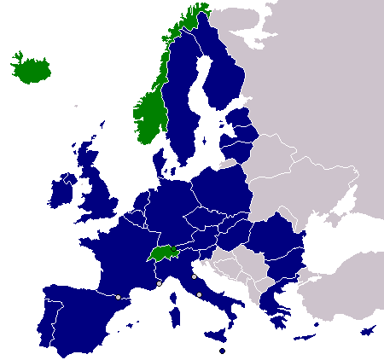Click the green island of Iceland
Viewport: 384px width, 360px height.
[x=26, y=67]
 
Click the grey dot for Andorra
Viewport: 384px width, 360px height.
[x=118, y=297]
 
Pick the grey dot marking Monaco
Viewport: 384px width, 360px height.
[x=160, y=282]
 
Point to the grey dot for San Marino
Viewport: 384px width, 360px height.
[x=194, y=276]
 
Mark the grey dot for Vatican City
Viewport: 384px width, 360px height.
[x=199, y=295]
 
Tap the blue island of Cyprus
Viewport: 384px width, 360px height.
[x=369, y=331]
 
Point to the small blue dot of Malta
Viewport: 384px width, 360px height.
[x=221, y=350]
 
